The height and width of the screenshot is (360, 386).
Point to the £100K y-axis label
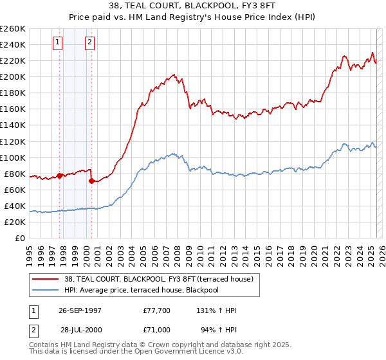pos(13,157)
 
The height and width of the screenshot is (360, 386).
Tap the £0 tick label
pos(20,239)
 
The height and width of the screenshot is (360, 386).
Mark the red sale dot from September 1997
pos(60,175)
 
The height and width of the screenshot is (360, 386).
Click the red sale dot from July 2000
pos(92,181)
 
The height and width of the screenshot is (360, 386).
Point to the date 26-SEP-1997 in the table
pos(80,310)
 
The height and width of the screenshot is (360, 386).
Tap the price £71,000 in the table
pos(157,330)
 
